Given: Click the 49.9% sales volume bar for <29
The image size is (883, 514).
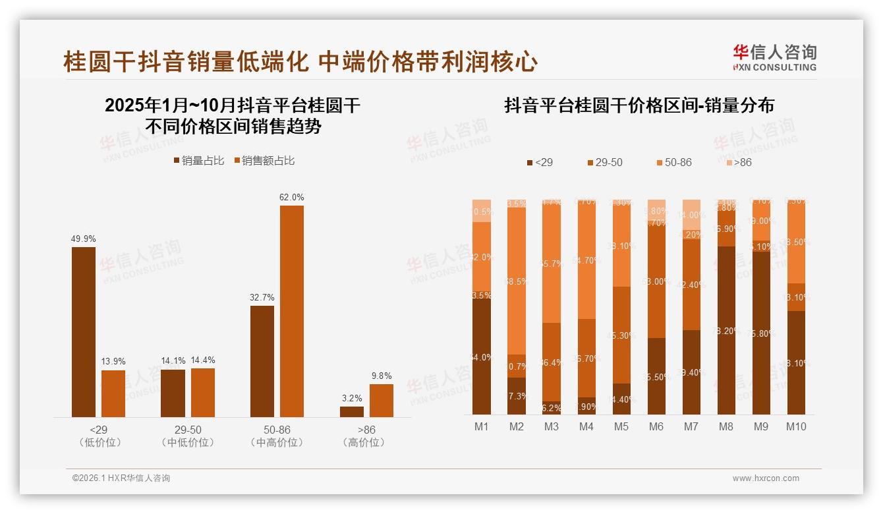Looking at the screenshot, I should pyautogui.click(x=83, y=331).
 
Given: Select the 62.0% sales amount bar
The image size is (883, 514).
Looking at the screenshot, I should pyautogui.click(x=292, y=311).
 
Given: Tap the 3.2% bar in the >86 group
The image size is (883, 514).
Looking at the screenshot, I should pyautogui.click(x=352, y=411).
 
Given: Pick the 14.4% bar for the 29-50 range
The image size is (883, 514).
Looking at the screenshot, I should pyautogui.click(x=203, y=392).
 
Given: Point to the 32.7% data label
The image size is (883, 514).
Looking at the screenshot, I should pyautogui.click(x=262, y=298).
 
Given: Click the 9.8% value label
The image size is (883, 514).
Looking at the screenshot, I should pyautogui.click(x=381, y=376).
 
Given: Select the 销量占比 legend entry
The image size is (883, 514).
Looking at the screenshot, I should pyautogui.click(x=198, y=161).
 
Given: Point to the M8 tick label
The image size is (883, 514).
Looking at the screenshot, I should pyautogui.click(x=726, y=426).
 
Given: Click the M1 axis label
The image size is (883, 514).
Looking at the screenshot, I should pyautogui.click(x=482, y=426).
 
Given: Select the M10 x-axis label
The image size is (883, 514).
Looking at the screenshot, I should pyautogui.click(x=795, y=426).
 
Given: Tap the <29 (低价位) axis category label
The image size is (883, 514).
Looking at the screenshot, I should pyautogui.click(x=100, y=436).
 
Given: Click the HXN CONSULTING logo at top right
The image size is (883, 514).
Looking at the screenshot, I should pyautogui.click(x=774, y=58).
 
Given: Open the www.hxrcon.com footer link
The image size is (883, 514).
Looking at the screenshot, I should pyautogui.click(x=766, y=478).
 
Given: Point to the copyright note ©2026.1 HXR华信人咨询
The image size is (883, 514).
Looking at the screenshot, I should pyautogui.click(x=121, y=478).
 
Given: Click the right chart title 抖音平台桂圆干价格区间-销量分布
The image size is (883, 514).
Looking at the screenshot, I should pyautogui.click(x=639, y=105).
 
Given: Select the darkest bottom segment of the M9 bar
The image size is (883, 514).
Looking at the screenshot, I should pyautogui.click(x=760, y=333).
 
